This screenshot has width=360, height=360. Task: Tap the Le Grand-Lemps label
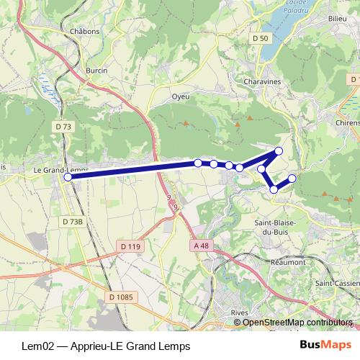[x=61, y=170]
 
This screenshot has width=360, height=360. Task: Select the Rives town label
[x=239, y=312]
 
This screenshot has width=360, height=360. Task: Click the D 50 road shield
[x=261, y=37]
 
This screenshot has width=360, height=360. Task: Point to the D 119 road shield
[x=130, y=246]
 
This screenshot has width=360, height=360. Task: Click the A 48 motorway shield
[x=203, y=246]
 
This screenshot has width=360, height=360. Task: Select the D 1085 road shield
[x=122, y=296]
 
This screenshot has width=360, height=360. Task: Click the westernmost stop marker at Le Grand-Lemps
[x=68, y=176]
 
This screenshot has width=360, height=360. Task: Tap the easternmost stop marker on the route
[x=292, y=178]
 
